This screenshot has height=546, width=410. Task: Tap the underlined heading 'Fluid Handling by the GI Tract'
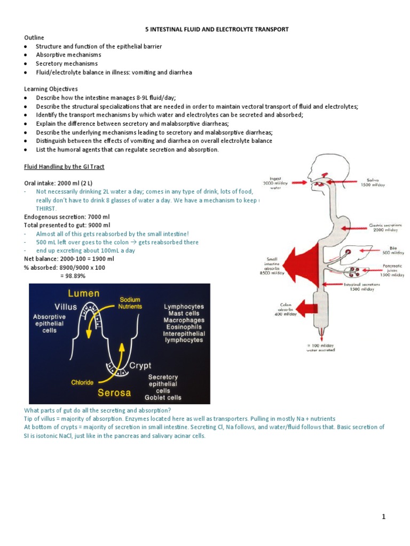[x=64, y=167]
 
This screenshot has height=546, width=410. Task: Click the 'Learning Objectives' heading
[x=51, y=89]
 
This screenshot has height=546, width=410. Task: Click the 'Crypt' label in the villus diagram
[x=140, y=366]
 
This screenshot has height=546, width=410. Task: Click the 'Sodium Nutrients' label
[x=130, y=303]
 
